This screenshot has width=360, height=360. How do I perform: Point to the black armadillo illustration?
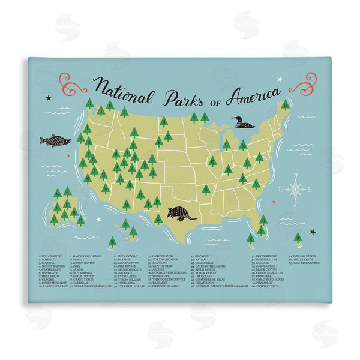coord(181,213)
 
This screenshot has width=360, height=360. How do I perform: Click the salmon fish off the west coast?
coord(55,140)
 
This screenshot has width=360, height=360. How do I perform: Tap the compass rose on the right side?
coord(295,188)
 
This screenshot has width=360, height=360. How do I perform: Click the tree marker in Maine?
coord(285,105)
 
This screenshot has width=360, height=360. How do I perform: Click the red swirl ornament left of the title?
coord(73,83)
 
